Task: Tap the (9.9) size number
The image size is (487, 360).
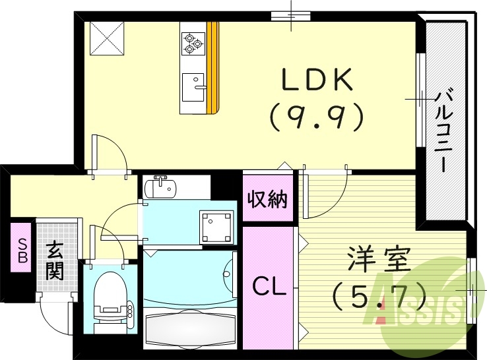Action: [x=317, y=117]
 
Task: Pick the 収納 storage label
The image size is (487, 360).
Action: [x=268, y=198]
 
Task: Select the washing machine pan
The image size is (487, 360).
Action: [x=218, y=226]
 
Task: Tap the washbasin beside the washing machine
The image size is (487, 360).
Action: [x=160, y=187]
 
